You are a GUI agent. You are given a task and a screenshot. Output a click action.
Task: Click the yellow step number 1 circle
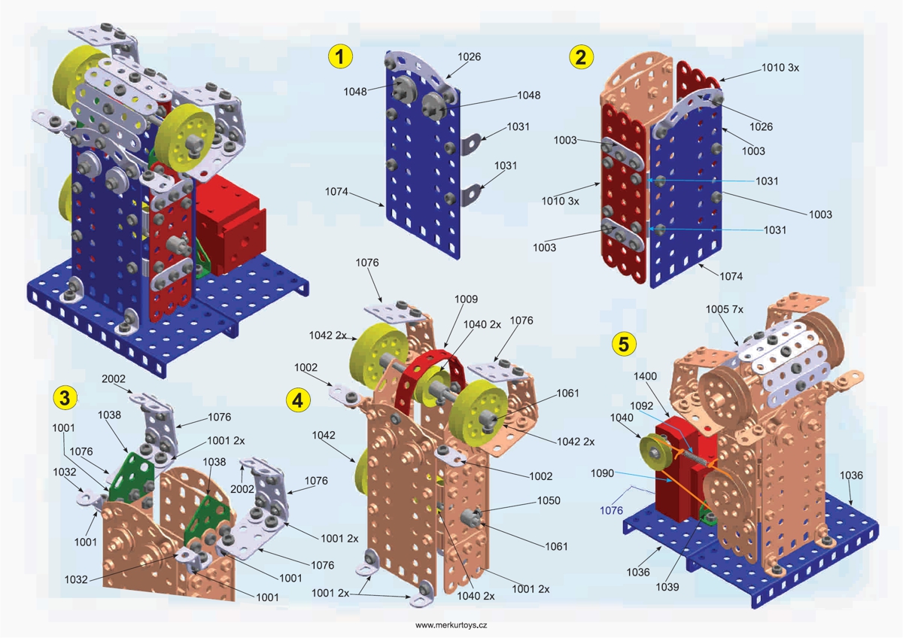pos(341,56)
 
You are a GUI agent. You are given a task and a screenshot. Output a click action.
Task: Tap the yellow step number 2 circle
pos(580,56)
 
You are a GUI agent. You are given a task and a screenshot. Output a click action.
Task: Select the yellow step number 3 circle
pos(65,396)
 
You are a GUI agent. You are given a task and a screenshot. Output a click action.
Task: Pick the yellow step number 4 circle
pos(299,400)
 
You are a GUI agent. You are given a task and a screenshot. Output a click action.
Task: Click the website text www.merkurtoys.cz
pos(451,625)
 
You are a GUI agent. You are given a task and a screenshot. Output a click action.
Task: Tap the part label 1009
pos(466,299)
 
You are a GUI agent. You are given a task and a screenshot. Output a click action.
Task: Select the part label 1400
pos(646,375)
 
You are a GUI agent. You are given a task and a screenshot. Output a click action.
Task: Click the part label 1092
pos(642,406)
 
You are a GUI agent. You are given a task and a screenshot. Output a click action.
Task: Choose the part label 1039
pos(667,586)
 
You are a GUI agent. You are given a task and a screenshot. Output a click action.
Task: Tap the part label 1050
pos(549,500)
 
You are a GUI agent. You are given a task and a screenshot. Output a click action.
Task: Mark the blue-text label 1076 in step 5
pos(611,511)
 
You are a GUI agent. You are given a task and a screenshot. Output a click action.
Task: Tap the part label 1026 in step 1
pos(469,57)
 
